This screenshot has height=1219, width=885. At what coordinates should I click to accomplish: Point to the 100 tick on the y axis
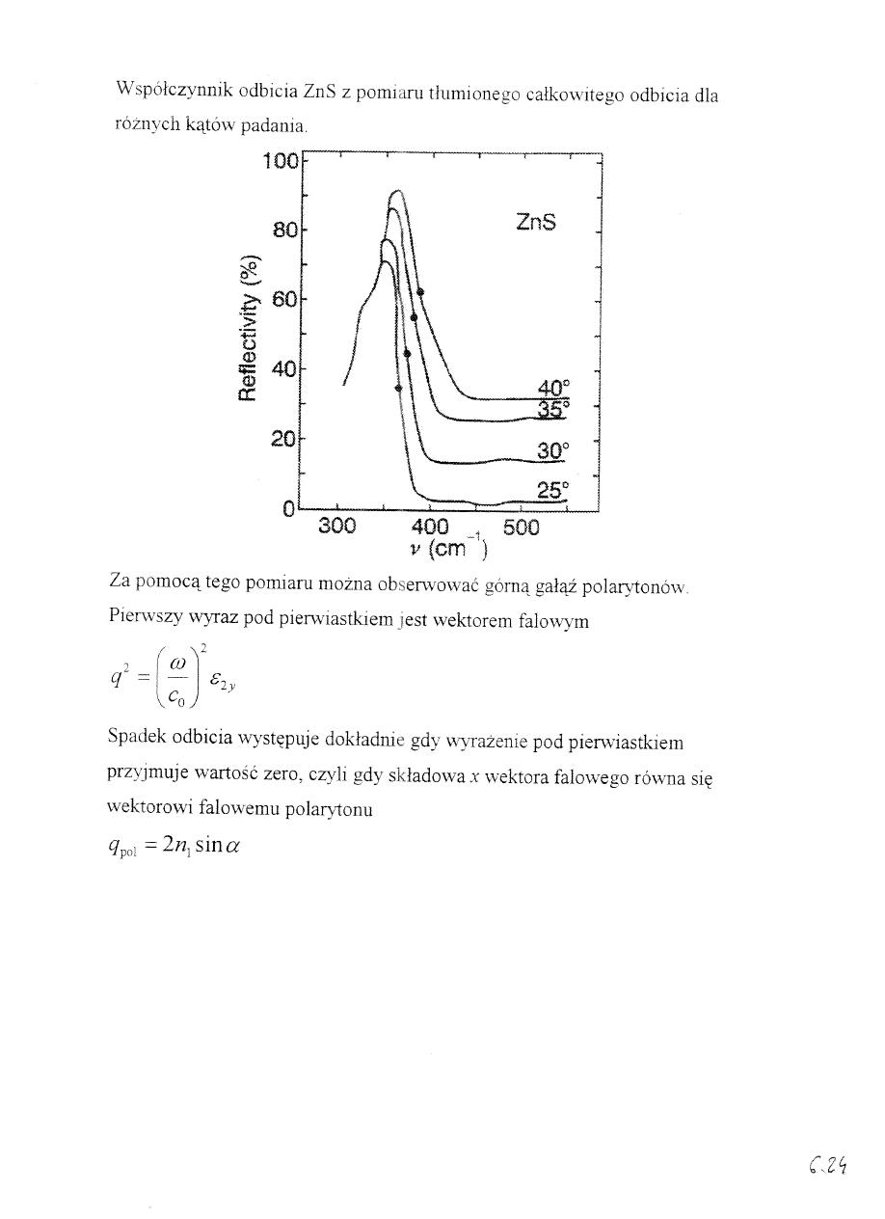[x=281, y=161]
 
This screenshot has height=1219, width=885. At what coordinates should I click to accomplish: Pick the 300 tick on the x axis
[x=336, y=527]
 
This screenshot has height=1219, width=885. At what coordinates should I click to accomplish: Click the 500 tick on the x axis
[x=522, y=527]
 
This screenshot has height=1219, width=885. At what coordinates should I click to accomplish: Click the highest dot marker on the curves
[x=420, y=291]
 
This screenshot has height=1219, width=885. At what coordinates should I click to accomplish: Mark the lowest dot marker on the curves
[x=398, y=388]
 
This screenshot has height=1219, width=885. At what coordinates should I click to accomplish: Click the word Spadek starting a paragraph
[x=138, y=743]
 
